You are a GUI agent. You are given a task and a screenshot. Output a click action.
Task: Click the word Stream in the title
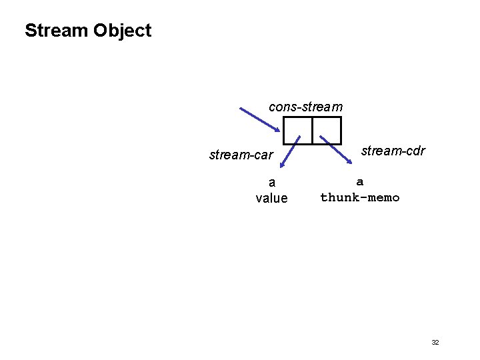point(57,31)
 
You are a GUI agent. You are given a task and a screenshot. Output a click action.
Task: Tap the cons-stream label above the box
point(305,107)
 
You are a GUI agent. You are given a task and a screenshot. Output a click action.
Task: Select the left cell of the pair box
point(297,130)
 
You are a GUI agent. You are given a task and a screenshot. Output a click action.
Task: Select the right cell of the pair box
point(327,130)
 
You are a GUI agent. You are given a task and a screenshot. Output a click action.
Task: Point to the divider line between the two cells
point(312,130)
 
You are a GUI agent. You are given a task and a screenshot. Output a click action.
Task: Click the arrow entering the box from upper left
point(260,119)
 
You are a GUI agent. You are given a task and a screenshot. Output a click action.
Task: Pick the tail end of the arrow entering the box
point(241,109)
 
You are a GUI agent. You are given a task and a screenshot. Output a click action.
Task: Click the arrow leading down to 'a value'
point(291,151)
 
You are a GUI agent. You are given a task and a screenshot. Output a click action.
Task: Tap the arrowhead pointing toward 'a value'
point(283,163)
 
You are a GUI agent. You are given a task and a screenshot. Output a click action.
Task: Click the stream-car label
point(241,155)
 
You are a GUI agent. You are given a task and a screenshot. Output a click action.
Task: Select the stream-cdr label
point(393,151)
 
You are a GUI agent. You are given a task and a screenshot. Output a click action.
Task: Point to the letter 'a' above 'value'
point(271,182)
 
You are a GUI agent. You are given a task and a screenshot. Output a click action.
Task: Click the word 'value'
point(271,198)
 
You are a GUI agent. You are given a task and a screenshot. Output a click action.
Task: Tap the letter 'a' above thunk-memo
point(360,181)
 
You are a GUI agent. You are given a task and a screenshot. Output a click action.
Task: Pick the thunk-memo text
point(360,197)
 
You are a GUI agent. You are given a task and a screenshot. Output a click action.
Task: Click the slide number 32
point(435,342)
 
